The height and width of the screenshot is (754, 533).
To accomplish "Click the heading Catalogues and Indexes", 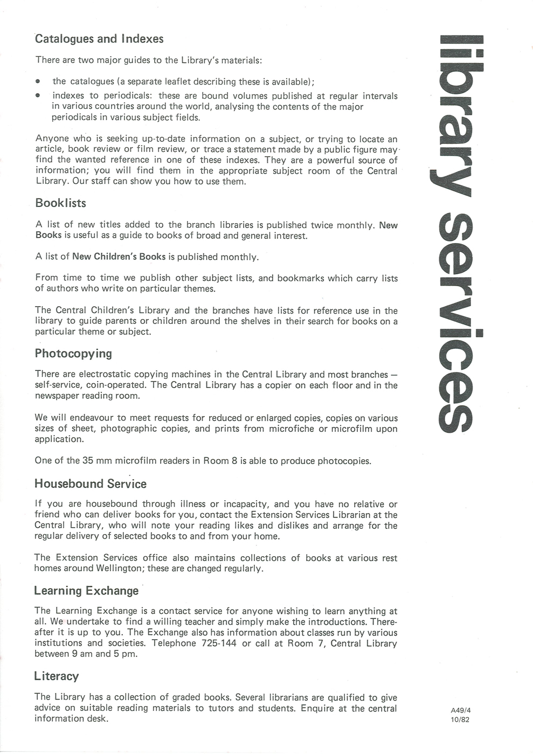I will [x=99, y=39].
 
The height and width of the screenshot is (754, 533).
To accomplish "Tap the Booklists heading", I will [x=60, y=203].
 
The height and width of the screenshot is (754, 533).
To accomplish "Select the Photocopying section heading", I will [x=73, y=354].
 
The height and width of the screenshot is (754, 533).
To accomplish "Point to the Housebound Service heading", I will [x=91, y=483].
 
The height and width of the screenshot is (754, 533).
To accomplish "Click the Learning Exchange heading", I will [x=86, y=591].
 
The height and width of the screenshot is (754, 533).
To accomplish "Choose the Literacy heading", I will [x=56, y=676].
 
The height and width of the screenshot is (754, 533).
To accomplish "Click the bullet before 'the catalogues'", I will [x=37, y=82].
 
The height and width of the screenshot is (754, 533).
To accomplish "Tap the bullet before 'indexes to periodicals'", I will [x=37, y=96].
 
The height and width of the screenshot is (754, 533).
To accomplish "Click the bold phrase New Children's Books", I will [x=119, y=257].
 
